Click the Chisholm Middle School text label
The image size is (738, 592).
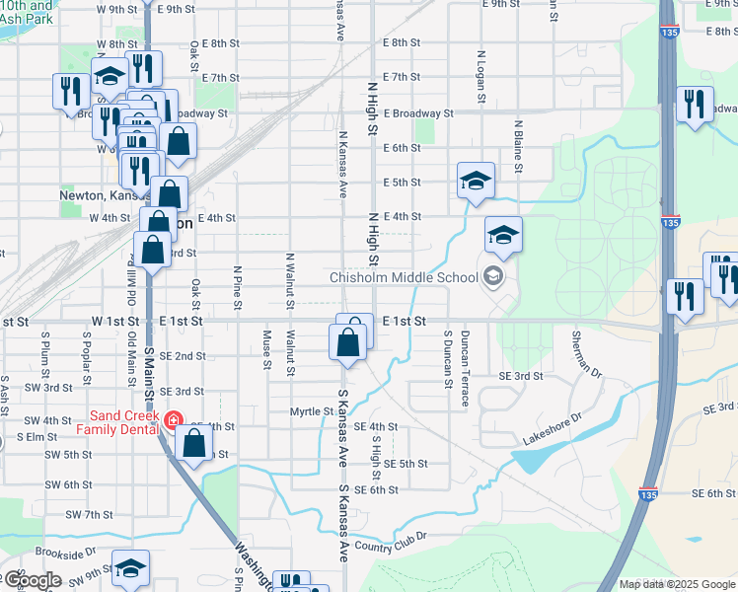[x=403, y=277]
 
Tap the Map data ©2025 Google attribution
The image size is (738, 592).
[x=676, y=584]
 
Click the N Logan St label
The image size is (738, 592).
[x=480, y=77]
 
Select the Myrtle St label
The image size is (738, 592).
[x=313, y=411]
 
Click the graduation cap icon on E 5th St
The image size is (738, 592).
[x=476, y=181]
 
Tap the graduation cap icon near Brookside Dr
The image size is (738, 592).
[x=130, y=567]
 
